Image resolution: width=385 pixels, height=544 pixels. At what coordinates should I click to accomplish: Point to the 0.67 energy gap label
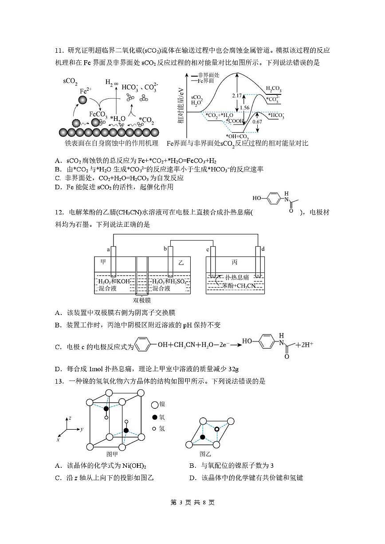tap(257, 122)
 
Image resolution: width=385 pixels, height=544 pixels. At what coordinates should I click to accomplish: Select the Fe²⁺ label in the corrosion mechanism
tap(86, 91)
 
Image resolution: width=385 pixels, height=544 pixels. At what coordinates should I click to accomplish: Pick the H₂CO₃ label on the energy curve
tap(273, 90)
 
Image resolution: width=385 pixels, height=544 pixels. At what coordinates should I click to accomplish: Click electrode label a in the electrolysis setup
tap(109, 249)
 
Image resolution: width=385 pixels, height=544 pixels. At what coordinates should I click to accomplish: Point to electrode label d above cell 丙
tap(263, 249)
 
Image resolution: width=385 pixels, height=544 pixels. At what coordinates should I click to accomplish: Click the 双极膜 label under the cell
tap(141, 300)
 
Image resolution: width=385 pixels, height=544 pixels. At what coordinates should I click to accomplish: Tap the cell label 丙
tap(235, 262)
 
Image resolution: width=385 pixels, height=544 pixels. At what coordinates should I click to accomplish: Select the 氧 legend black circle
tap(154, 417)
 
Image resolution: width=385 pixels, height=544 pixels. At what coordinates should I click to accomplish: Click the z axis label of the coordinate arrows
tap(70, 418)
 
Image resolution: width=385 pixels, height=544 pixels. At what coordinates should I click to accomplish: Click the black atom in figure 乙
tap(203, 437)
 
